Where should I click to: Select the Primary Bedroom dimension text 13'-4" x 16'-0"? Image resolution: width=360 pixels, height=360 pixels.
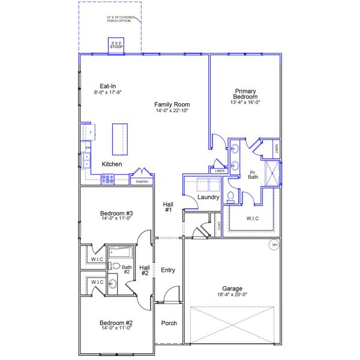[x=245, y=102]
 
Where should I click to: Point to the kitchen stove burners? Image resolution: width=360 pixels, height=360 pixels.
[x=108, y=178]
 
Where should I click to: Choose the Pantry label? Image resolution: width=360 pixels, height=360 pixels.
[x=142, y=181]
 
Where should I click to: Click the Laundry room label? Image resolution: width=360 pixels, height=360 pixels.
[x=208, y=197]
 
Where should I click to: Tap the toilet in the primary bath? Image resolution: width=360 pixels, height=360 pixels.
[x=230, y=197]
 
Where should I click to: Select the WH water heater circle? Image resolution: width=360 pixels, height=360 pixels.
[x=275, y=245]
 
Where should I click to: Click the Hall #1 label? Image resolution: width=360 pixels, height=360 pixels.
[x=168, y=207]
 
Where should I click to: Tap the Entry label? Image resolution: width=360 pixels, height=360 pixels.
[x=168, y=270]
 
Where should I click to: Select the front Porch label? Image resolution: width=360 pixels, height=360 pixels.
[x=169, y=323]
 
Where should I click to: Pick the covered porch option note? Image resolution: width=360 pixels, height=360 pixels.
[x=121, y=20]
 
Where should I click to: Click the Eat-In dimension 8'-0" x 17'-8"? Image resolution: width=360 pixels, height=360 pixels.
[x=108, y=92]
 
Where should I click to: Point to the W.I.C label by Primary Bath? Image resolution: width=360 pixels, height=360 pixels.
[x=252, y=218]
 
